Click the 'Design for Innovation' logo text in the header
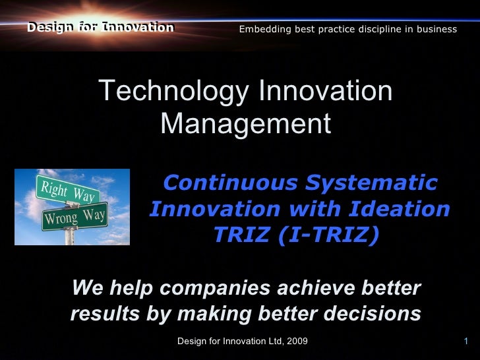[100, 28]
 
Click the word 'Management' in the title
[245, 123]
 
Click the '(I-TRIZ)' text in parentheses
[328, 235]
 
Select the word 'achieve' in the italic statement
[312, 288]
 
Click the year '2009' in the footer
[296, 341]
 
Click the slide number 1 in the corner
[465, 341]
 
